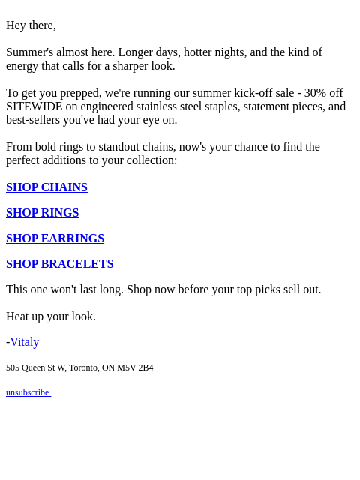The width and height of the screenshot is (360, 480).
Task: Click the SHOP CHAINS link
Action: [x=46, y=187]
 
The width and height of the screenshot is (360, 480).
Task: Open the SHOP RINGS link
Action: [x=43, y=213]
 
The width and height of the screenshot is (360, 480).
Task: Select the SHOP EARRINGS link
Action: [x=55, y=238]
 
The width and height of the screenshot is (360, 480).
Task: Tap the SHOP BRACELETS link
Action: [x=60, y=263]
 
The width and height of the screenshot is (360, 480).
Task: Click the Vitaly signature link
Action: [x=25, y=342]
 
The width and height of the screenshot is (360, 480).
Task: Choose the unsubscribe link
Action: [x=28, y=392]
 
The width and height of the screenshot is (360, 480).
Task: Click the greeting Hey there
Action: [x=31, y=25]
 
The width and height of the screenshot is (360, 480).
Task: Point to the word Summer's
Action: [x=30, y=52]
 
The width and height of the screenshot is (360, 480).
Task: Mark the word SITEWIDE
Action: [x=34, y=106]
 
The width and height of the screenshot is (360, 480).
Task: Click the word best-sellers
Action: [x=33, y=120]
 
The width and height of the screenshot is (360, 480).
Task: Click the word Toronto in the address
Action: [x=84, y=367]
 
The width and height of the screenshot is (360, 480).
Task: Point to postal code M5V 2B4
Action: [x=135, y=367]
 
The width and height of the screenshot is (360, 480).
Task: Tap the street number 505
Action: [x=13, y=367]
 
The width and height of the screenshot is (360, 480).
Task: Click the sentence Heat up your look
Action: [x=51, y=316]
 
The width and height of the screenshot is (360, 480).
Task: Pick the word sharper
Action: [x=126, y=66]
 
